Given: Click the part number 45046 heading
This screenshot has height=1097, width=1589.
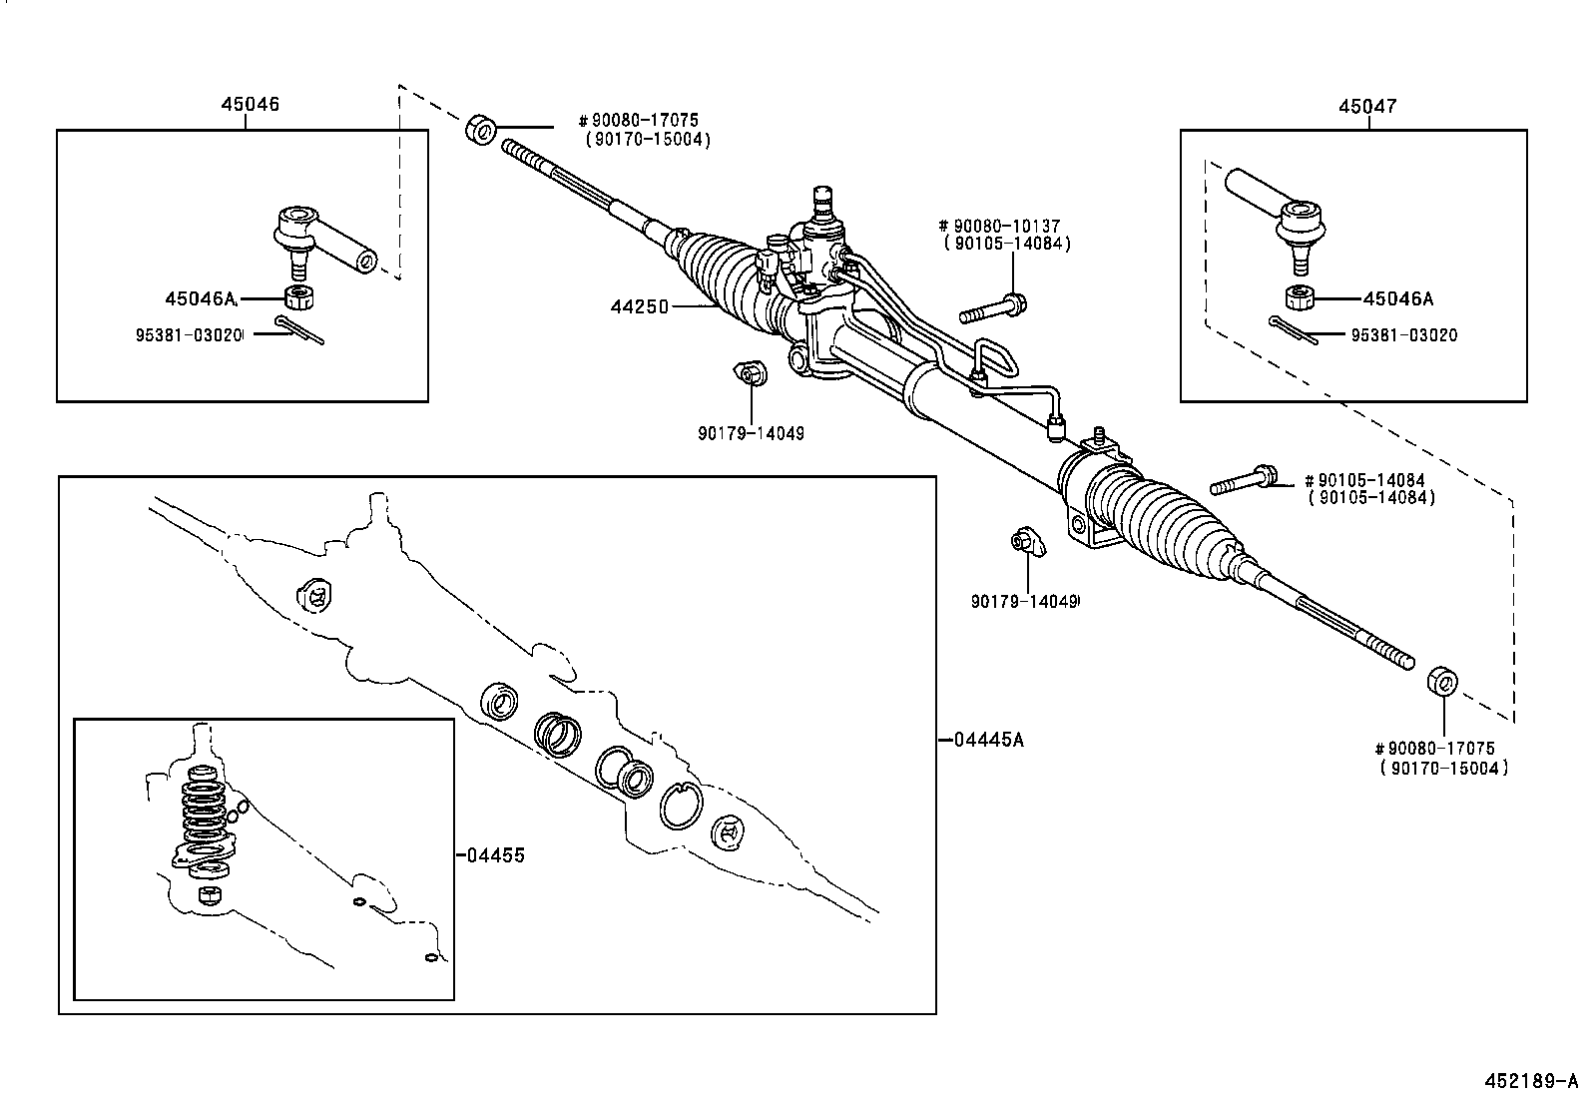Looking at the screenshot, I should [x=250, y=104].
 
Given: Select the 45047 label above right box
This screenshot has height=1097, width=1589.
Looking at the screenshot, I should [x=1367, y=106].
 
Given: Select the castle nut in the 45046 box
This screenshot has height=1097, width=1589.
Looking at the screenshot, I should [x=297, y=296].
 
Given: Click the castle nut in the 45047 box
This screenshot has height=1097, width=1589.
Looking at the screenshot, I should [x=1299, y=297].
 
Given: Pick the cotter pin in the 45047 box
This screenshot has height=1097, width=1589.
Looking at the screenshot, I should [x=1295, y=329].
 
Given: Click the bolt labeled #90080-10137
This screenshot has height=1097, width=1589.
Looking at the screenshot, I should [x=993, y=308].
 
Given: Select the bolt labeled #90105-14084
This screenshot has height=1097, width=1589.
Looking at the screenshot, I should [x=1244, y=481].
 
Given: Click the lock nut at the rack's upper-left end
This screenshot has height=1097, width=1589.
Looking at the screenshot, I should [x=481, y=130].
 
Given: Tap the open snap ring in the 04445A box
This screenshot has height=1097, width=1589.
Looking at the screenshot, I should [x=680, y=805].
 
